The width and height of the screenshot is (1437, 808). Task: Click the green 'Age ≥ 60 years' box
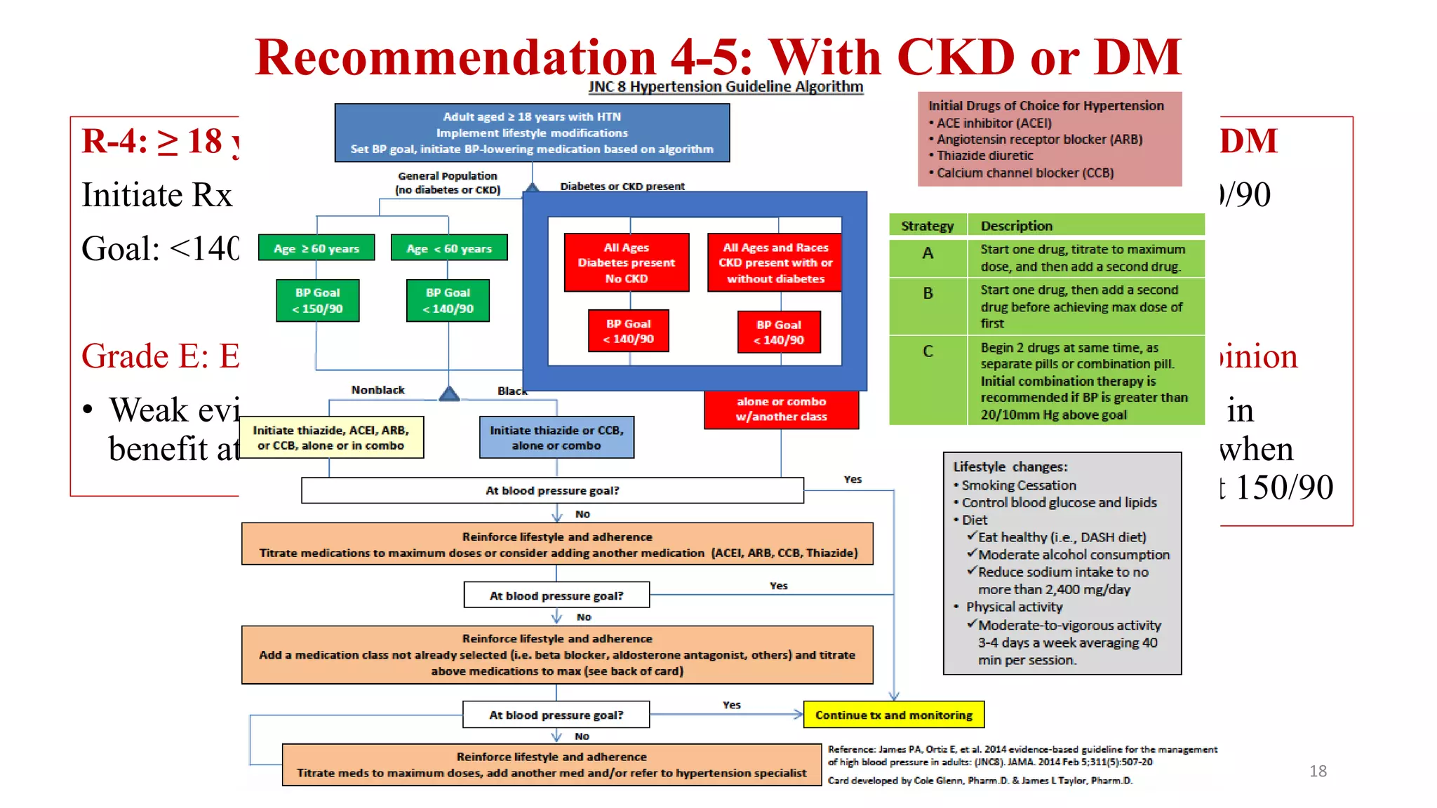click(x=316, y=248)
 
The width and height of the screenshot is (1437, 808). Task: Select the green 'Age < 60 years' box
click(x=449, y=248)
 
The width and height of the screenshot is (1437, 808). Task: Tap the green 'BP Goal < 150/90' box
click(x=318, y=301)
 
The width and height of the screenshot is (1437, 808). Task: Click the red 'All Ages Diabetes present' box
click(x=627, y=263)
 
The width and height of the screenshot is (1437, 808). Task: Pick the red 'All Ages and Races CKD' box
click(x=775, y=263)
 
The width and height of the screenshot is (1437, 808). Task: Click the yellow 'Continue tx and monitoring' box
click(x=894, y=715)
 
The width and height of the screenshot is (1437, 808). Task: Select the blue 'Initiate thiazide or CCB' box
click(x=556, y=438)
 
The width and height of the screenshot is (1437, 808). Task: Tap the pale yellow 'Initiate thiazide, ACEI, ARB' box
click(x=331, y=438)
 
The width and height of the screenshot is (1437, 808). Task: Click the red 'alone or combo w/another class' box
click(x=781, y=409)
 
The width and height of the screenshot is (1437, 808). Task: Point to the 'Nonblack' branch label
click(x=377, y=390)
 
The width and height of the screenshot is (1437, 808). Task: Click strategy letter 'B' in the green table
click(x=928, y=293)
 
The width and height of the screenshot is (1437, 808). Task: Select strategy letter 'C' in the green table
click(x=928, y=351)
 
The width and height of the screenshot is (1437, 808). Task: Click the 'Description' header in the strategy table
click(x=1016, y=226)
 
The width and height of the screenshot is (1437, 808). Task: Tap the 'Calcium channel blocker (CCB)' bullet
click(x=1024, y=173)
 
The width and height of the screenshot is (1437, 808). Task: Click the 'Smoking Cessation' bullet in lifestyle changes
click(x=1018, y=485)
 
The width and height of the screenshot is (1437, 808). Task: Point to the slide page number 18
click(x=1318, y=771)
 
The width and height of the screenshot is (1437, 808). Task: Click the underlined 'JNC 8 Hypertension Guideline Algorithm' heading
click(x=726, y=87)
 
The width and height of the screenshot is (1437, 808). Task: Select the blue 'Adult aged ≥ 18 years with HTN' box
click(x=532, y=133)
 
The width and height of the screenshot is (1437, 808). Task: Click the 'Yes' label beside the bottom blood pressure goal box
click(x=732, y=705)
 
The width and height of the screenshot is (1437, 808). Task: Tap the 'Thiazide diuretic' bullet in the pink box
click(x=984, y=156)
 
